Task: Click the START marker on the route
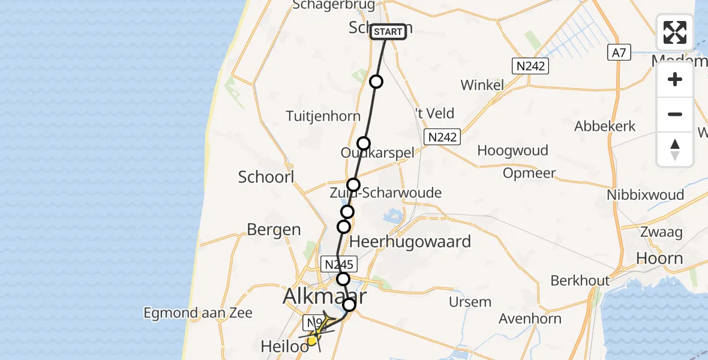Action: click(x=388, y=32)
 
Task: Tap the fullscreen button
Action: click(x=675, y=32)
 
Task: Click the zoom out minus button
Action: click(x=675, y=114)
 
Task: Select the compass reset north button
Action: click(x=675, y=149)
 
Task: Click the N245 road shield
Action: click(x=340, y=264)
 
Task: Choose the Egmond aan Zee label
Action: click(x=198, y=313)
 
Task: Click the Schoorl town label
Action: click(x=266, y=177)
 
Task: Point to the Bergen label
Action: click(x=274, y=229)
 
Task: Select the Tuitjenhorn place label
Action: click(x=323, y=116)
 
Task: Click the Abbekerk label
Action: click(x=604, y=127)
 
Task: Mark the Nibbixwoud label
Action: click(x=645, y=195)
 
